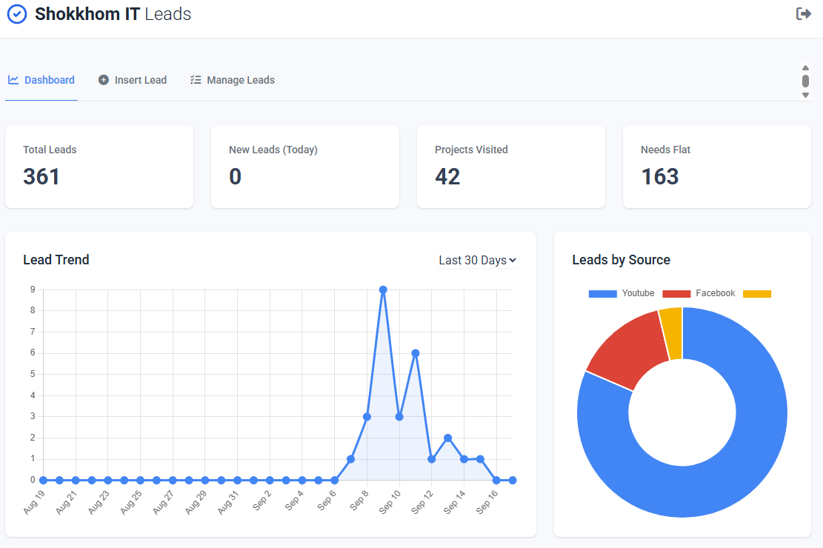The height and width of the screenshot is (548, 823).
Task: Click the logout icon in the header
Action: click(803, 14)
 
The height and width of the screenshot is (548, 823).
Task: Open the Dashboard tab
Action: click(41, 80)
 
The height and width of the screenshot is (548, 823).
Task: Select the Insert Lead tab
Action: click(133, 80)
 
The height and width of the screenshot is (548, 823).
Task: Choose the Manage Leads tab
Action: click(233, 80)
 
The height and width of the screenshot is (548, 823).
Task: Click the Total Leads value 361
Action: click(41, 176)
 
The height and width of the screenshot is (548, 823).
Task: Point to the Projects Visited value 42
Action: click(447, 176)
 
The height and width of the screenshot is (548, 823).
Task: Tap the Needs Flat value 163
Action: click(659, 176)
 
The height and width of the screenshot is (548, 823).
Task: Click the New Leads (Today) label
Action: click(273, 150)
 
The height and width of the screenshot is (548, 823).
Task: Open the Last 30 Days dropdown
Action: click(477, 260)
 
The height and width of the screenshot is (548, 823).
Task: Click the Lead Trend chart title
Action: click(56, 260)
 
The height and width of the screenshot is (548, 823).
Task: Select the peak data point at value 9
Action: click(383, 290)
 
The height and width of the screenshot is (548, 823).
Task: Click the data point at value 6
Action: click(416, 353)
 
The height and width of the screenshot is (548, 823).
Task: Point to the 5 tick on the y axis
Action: click(33, 374)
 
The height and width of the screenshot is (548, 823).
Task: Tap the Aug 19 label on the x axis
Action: click(34, 502)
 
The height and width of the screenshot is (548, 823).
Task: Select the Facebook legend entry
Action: click(699, 294)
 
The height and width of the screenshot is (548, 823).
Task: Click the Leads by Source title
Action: click(621, 260)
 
